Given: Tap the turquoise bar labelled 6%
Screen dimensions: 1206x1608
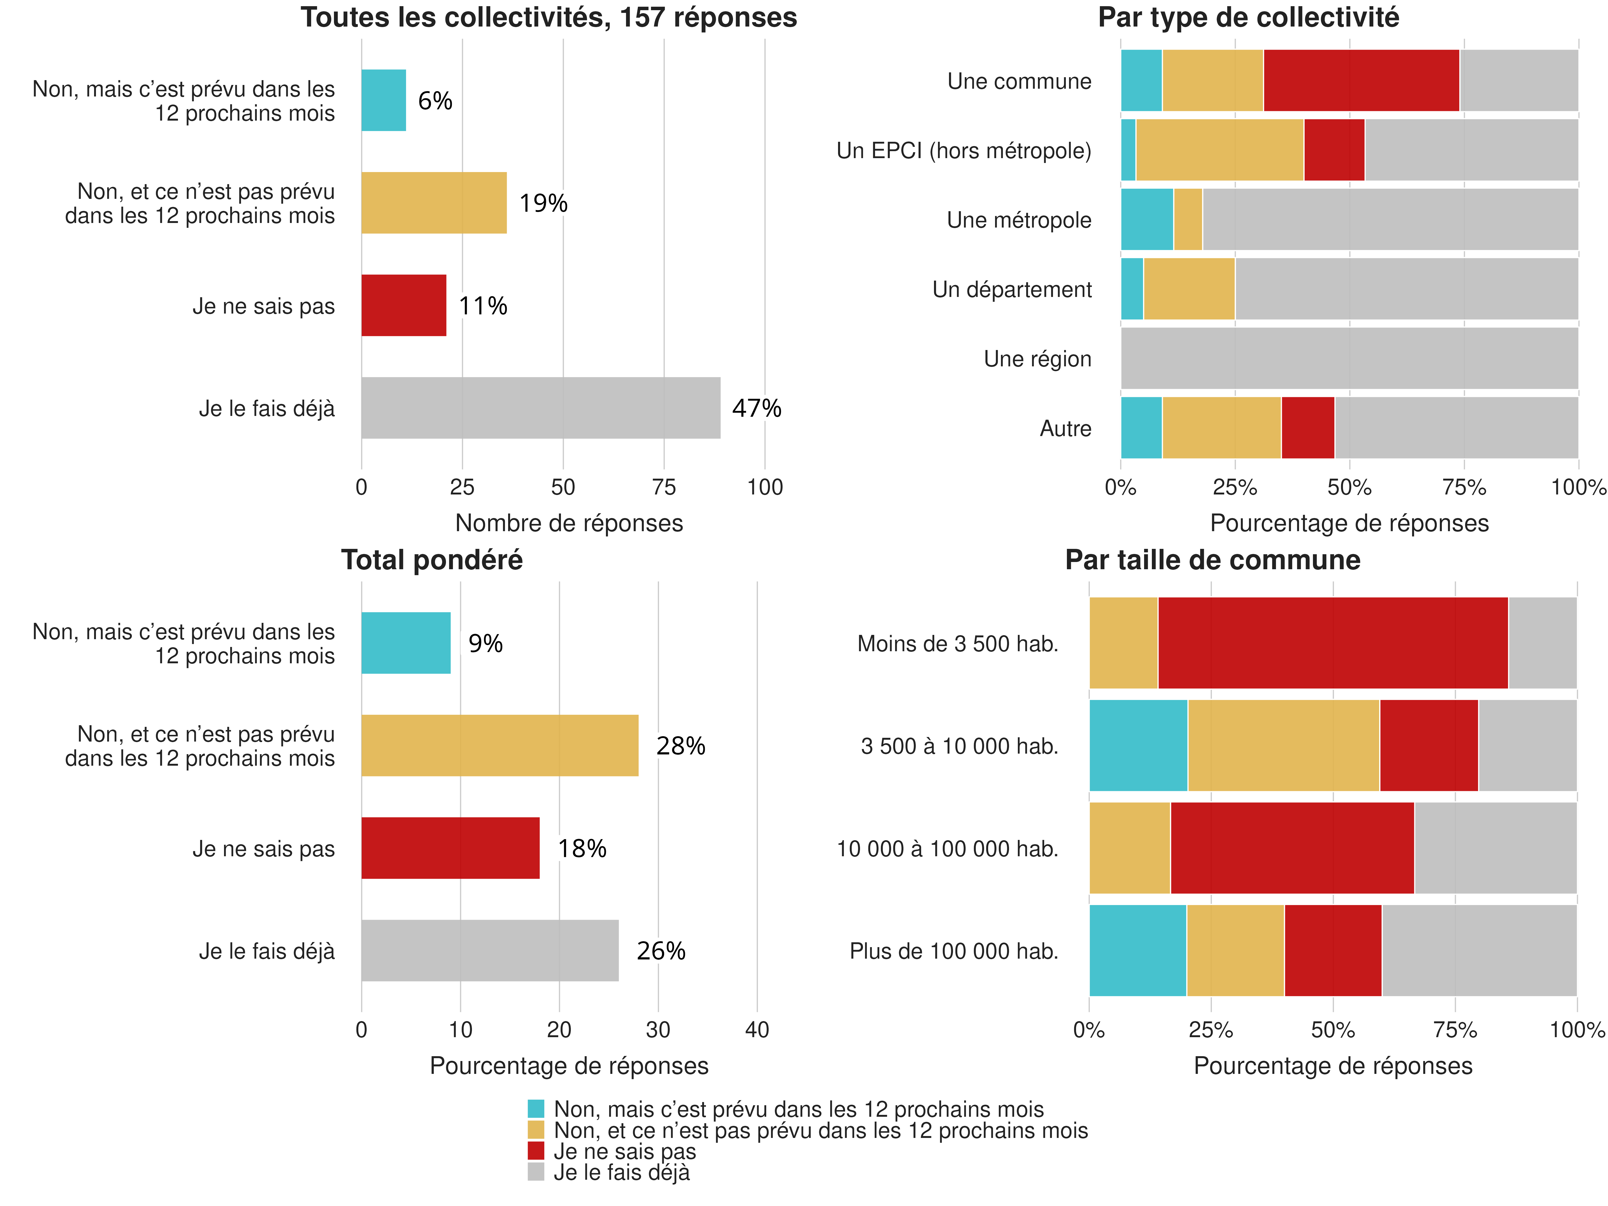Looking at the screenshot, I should click(383, 100).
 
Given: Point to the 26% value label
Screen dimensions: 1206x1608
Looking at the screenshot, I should click(661, 951).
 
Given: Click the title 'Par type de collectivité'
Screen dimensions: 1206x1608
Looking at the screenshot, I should click(1248, 17).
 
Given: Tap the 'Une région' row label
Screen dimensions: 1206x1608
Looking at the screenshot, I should click(1037, 359).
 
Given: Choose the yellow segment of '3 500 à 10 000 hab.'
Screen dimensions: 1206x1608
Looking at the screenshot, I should click(1283, 745).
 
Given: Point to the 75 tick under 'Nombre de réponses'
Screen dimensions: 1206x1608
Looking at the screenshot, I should click(664, 487).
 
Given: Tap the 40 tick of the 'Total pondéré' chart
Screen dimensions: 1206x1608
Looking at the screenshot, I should click(757, 1029).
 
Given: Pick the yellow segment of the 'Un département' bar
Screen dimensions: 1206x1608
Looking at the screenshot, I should click(1189, 289).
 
